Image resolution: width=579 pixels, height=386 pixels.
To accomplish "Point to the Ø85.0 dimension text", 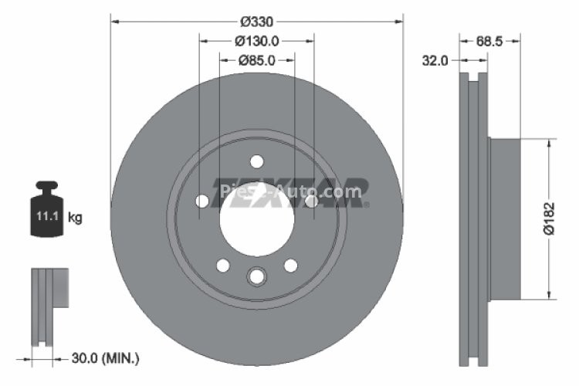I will point(257,59).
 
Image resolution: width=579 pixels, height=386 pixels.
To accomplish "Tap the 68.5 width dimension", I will point(489,42).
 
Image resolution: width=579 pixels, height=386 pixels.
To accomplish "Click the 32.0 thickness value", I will point(435,61).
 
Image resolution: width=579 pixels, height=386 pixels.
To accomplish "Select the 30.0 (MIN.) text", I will point(105,358).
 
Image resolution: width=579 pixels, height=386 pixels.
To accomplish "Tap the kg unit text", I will point(75,218).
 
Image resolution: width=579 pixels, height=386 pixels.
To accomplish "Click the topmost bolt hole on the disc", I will point(257,161).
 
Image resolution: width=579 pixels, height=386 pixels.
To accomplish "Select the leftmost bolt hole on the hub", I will point(202,201).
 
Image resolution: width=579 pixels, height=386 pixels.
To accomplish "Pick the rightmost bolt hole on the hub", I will point(312,201).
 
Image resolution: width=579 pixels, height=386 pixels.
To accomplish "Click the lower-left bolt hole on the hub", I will point(223,266).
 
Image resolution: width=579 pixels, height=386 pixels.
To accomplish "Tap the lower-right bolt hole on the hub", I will point(291,266).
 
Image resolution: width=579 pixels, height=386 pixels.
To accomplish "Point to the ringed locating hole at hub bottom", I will point(257,276).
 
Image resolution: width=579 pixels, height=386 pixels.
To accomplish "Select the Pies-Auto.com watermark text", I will point(290,191).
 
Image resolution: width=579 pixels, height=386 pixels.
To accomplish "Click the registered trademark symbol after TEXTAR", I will point(366,205).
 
